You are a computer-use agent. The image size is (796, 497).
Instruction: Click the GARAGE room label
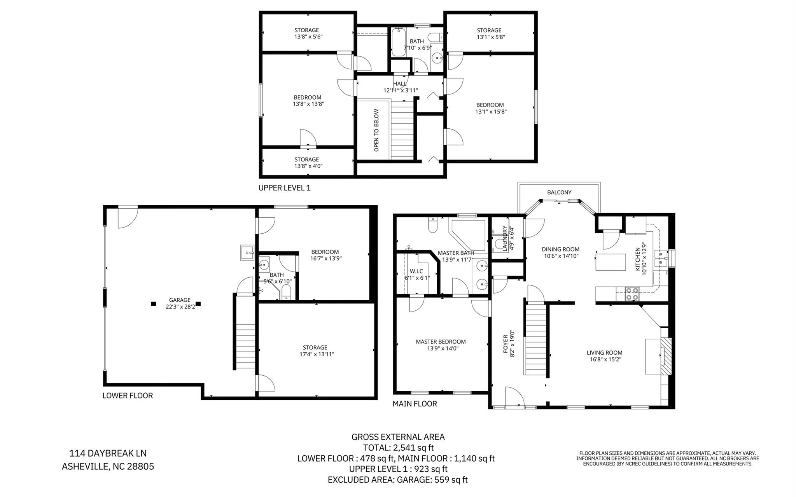pyautogui.click(x=179, y=300)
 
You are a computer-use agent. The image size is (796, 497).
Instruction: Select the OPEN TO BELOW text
pyautogui.click(x=376, y=130)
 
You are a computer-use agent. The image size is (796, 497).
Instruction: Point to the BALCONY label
pyautogui.click(x=559, y=192)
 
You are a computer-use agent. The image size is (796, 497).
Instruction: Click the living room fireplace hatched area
pyautogui.click(x=666, y=356)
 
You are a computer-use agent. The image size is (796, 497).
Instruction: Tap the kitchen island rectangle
pyautogui.click(x=611, y=262)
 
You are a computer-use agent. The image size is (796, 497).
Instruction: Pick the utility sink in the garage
pyautogui.click(x=247, y=253)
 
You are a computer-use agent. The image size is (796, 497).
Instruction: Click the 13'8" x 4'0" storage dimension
pyautogui.click(x=308, y=166)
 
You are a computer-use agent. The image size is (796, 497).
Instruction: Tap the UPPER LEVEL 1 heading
pyautogui.click(x=284, y=188)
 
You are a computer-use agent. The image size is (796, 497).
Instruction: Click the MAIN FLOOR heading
pyautogui.click(x=415, y=404)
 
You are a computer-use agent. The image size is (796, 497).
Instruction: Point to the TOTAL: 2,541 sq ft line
pyautogui.click(x=398, y=448)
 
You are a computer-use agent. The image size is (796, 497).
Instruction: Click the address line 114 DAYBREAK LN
pyautogui.click(x=108, y=453)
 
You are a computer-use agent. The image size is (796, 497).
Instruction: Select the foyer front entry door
pyautogui.click(x=514, y=398)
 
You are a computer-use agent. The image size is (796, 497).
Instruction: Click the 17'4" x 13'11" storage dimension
pyautogui.click(x=315, y=354)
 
